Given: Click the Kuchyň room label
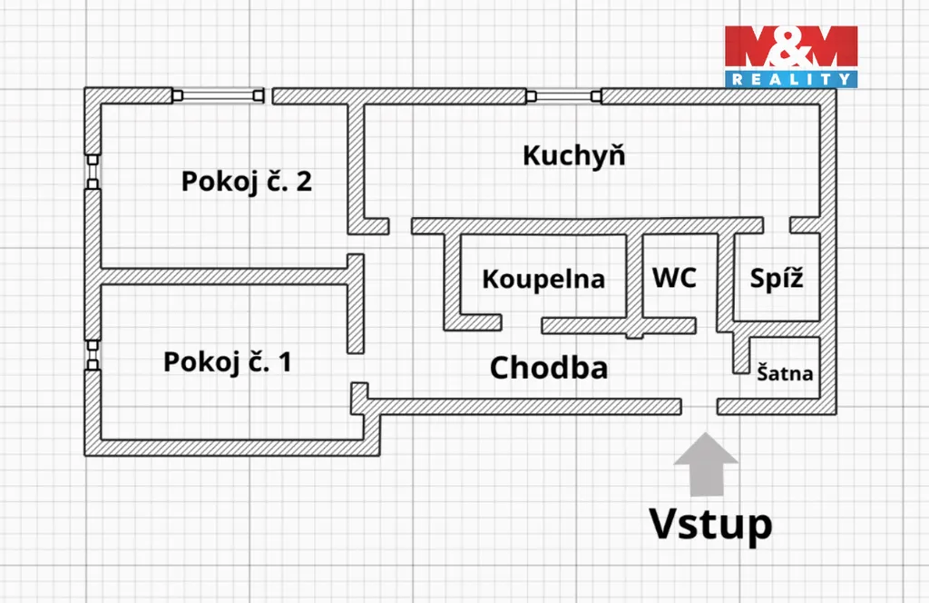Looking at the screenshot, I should pos(573,155).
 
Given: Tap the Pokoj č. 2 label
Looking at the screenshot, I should pos(247,181).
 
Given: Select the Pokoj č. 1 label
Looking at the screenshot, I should pos(228,362).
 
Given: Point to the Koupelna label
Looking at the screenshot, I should pos(543,279).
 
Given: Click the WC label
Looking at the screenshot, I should pos(675,277).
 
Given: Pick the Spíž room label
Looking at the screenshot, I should pos(777,278).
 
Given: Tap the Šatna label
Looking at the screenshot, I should pos(785,372).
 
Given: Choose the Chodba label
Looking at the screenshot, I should pos(548,368).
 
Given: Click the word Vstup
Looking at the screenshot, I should pos(710,524).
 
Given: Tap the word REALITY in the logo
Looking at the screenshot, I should pos(790,80).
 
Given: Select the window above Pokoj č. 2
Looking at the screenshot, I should pos(219,94).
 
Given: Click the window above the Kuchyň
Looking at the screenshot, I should pos(563,94).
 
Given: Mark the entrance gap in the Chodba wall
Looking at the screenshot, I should pos(699,406).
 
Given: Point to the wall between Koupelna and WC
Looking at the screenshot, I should pos(634,277).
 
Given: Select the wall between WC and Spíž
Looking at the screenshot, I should pos(725,277).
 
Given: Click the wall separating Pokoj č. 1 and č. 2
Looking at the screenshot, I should pos(222,275).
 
